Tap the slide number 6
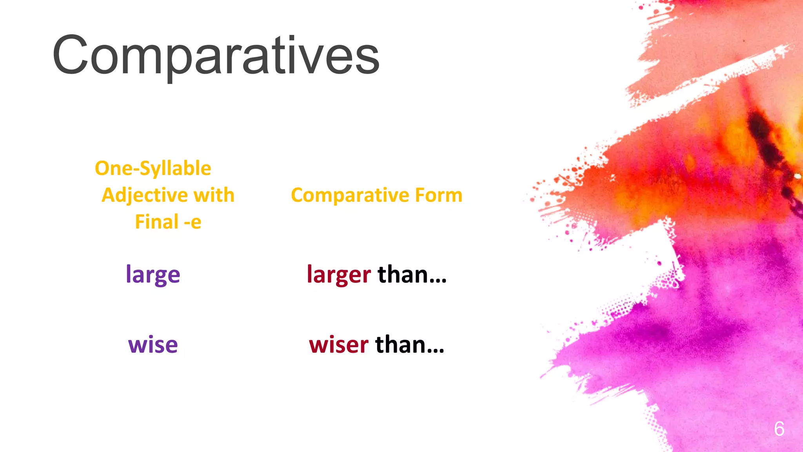pyautogui.click(x=779, y=428)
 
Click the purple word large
pyautogui.click(x=153, y=274)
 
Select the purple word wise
pyautogui.click(x=153, y=345)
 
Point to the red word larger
pyautogui.click(x=338, y=274)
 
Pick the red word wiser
pyautogui.click(x=338, y=345)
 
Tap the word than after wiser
pyautogui.click(x=401, y=345)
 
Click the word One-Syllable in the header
pyautogui.click(x=153, y=168)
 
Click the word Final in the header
pyautogui.click(x=156, y=222)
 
